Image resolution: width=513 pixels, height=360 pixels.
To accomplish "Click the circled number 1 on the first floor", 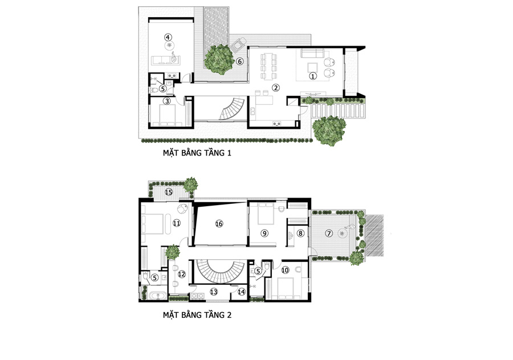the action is (313, 76).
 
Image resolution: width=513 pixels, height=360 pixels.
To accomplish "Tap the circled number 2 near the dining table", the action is (276, 87).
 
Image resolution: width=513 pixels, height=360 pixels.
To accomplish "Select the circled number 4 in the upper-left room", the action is (168, 37).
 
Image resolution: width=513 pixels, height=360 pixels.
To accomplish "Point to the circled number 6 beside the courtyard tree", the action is (240, 61).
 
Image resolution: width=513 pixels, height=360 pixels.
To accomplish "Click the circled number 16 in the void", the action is (219, 224).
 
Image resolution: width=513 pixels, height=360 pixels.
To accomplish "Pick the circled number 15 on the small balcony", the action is (169, 192).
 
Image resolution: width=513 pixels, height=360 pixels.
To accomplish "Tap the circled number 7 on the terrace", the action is (329, 233).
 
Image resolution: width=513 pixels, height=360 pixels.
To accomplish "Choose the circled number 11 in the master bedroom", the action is (176, 223).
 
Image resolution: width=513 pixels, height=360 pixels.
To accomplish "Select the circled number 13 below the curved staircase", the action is (214, 292).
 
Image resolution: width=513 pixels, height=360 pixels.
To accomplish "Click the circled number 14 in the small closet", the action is (242, 292).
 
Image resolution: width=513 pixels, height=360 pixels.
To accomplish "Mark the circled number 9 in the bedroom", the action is (264, 233).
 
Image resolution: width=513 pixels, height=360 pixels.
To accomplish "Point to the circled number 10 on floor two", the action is (285, 270).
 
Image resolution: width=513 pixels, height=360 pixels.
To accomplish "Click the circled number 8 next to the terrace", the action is (300, 233).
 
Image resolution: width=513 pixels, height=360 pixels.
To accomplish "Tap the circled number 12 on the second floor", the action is (182, 274).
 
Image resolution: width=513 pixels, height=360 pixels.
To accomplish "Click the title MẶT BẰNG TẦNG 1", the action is (197, 153).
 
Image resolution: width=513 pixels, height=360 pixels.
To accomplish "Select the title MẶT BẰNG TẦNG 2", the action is (197, 315).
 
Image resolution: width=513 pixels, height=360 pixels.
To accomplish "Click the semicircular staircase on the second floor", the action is (219, 275).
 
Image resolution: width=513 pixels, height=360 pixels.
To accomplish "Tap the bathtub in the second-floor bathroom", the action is (158, 296).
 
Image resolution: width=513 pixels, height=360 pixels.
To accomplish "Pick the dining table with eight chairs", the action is (268, 67).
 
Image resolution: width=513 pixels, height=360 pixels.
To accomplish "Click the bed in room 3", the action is (168, 116).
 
